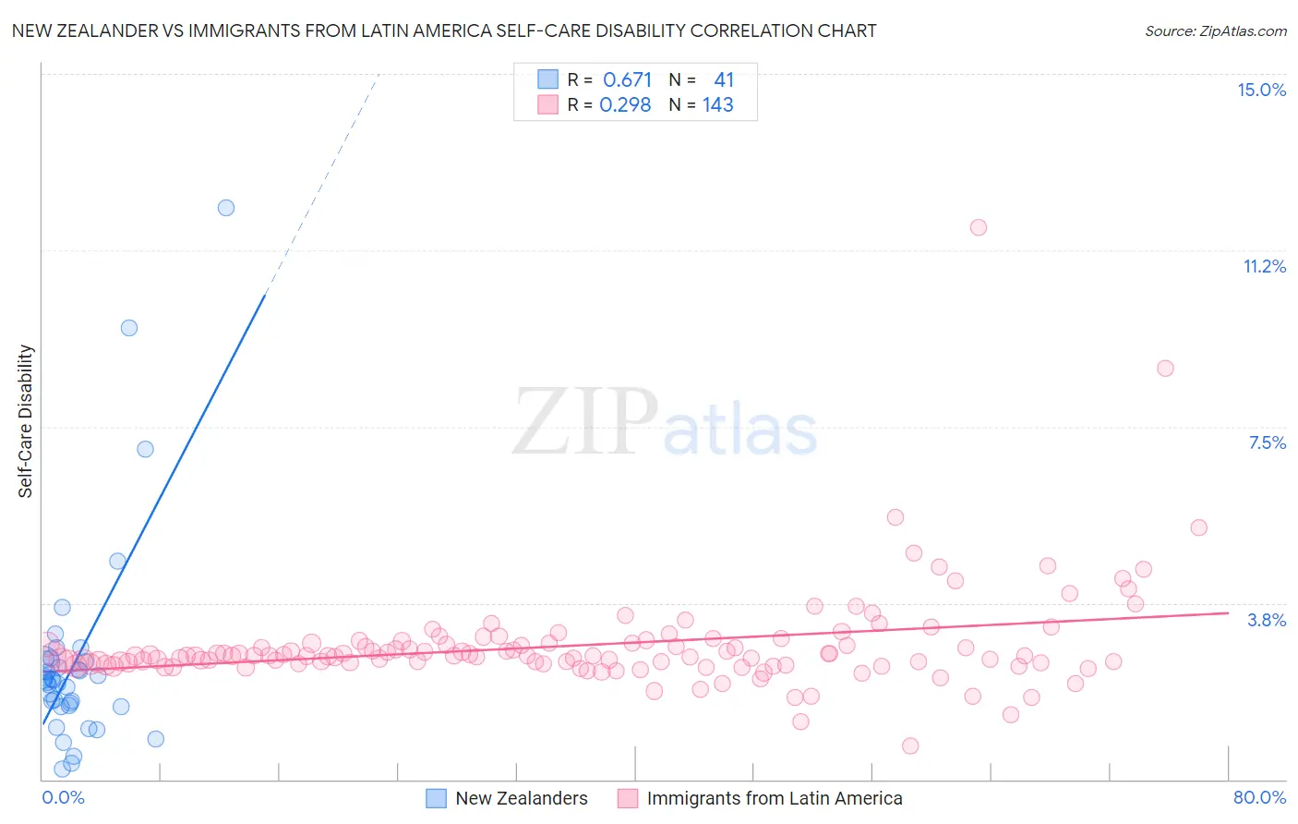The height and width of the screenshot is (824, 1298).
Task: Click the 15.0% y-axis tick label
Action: [x=1261, y=90]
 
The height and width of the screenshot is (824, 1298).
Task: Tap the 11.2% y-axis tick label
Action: [x=1264, y=266]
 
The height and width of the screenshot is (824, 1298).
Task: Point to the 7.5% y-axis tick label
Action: [x=1267, y=442]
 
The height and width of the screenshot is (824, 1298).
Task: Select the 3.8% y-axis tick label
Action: [x=1267, y=620]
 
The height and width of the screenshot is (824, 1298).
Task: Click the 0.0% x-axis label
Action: [x=63, y=797]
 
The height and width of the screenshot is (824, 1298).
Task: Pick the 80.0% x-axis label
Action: [x=1259, y=797]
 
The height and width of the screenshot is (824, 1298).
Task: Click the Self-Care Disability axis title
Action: [x=26, y=421]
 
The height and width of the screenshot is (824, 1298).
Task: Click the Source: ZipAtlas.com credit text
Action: [x=1215, y=30]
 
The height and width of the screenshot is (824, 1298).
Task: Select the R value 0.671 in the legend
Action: [x=627, y=79]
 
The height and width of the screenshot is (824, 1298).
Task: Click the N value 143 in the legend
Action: [x=717, y=104]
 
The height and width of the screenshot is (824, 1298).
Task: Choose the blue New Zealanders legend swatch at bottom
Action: [x=436, y=798]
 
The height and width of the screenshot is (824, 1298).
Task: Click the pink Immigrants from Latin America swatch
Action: [x=628, y=798]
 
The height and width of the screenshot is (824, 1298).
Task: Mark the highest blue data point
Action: [x=226, y=208]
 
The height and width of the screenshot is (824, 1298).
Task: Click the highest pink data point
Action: [x=979, y=227]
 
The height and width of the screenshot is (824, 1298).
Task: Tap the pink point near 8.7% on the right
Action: [x=1165, y=369]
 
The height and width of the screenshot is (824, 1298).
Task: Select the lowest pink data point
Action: [x=910, y=745]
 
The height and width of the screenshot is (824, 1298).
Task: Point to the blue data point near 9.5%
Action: [x=129, y=328]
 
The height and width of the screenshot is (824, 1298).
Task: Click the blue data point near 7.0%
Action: [x=145, y=449]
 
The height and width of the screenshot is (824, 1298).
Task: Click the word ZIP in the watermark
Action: [x=584, y=422]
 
